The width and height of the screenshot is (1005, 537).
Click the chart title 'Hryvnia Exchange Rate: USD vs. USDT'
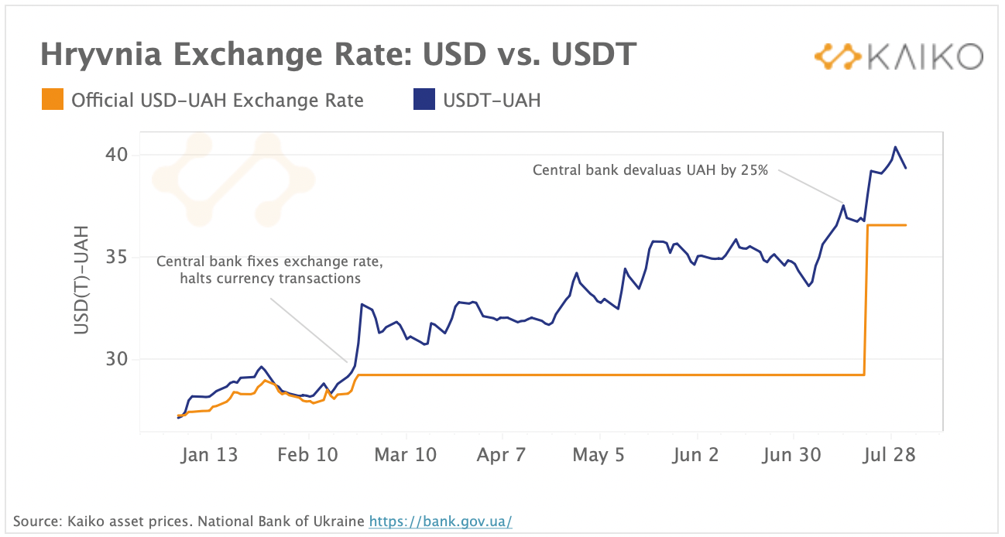pos(338,55)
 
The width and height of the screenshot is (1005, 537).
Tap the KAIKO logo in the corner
pos(898,56)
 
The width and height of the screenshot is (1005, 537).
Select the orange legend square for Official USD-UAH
pos(53,100)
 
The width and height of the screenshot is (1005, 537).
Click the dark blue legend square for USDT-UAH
pos(424,100)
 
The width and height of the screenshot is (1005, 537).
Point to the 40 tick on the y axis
pos(117,156)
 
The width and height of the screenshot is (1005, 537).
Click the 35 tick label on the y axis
pos(117,258)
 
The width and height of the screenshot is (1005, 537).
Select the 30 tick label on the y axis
pos(117,359)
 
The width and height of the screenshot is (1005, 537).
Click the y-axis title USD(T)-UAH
pos(82,280)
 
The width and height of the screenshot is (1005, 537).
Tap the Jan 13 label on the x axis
pos(209,455)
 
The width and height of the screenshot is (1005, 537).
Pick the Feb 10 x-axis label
pos(307,455)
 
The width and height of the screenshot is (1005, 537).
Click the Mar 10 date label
pos(406,455)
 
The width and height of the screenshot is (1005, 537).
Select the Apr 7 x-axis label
pos(501,455)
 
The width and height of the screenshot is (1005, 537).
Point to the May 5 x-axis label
pos(599,455)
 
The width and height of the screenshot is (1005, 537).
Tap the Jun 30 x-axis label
pos(791,455)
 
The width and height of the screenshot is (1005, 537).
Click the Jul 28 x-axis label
pos(890,455)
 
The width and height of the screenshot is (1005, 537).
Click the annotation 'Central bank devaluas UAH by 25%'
pos(650,170)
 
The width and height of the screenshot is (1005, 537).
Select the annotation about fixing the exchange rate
pos(269,269)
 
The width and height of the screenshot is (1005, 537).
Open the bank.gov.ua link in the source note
pos(440,521)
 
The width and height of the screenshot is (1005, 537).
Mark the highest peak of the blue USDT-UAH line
pos(895,147)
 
